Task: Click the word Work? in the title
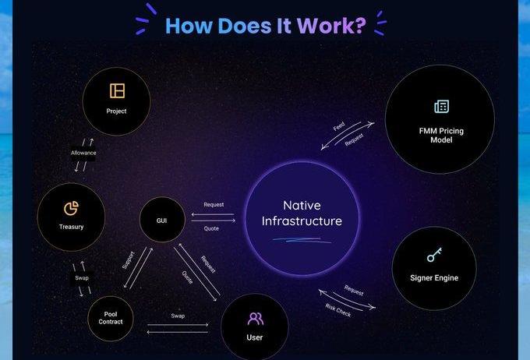coord(331,25)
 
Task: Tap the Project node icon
coord(117,90)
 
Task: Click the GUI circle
coord(161,220)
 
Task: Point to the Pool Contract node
coord(110,318)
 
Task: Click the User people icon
coord(255,318)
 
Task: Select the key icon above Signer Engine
coord(434,256)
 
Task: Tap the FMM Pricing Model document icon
coord(441,107)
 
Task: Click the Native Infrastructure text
coord(302,214)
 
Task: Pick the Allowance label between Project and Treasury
coord(83,153)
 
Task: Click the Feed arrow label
coord(339,126)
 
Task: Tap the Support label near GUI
coord(129,259)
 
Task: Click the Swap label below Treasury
coord(82,278)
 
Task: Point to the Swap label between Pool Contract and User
coord(178,316)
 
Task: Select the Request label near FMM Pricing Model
coord(355,139)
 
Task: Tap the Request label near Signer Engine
coord(354,291)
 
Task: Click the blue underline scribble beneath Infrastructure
coord(302,238)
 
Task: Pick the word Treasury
coord(71,227)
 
